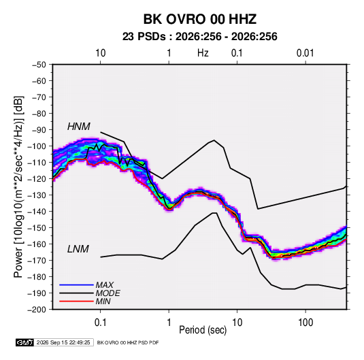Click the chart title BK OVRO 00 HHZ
[x=200, y=19]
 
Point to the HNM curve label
[x=79, y=127]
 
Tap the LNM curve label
[x=78, y=249]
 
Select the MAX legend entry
[x=105, y=284]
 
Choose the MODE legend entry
[x=108, y=293]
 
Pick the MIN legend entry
[x=103, y=301]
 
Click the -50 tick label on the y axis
[x=39, y=65]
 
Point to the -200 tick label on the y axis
[x=37, y=310]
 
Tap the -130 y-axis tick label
[x=37, y=195]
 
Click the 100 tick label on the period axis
[x=305, y=323]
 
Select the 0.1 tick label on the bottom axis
[x=100, y=323]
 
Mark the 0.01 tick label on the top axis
[x=305, y=53]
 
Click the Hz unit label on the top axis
[x=203, y=53]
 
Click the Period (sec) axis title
[x=203, y=330]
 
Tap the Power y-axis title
[x=18, y=187]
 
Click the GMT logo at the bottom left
[x=25, y=342]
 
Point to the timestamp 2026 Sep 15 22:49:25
[x=63, y=342]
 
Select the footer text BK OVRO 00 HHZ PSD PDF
[x=128, y=342]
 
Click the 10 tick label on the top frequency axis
[x=101, y=53]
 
